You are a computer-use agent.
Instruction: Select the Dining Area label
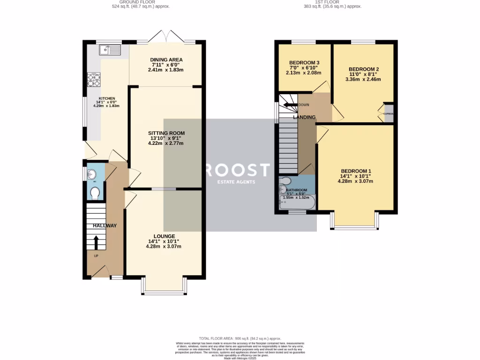pos(166,60)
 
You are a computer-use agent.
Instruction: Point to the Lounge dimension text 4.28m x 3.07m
pos(163,246)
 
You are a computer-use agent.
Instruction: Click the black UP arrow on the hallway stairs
pos(97,242)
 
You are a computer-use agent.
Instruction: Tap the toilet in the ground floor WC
pos(95,193)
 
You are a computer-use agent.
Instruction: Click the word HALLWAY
pos(104,225)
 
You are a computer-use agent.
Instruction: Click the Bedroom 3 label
pos(304,63)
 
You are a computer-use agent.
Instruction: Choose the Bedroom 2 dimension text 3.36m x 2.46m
pos(363,79)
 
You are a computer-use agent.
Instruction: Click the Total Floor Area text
pos(240,338)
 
